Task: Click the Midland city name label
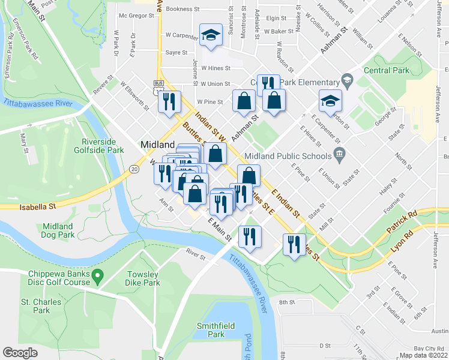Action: pyautogui.click(x=157, y=145)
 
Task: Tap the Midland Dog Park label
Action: pyautogui.click(x=58, y=230)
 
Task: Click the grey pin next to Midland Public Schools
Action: pyautogui.click(x=339, y=156)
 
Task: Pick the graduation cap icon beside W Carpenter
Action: pyautogui.click(x=211, y=36)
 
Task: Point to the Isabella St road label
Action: pyautogui.click(x=37, y=206)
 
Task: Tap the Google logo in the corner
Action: pyautogui.click(x=20, y=353)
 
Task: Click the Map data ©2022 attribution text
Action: pyautogui.click(x=423, y=355)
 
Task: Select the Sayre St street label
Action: pyautogui.click(x=176, y=53)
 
